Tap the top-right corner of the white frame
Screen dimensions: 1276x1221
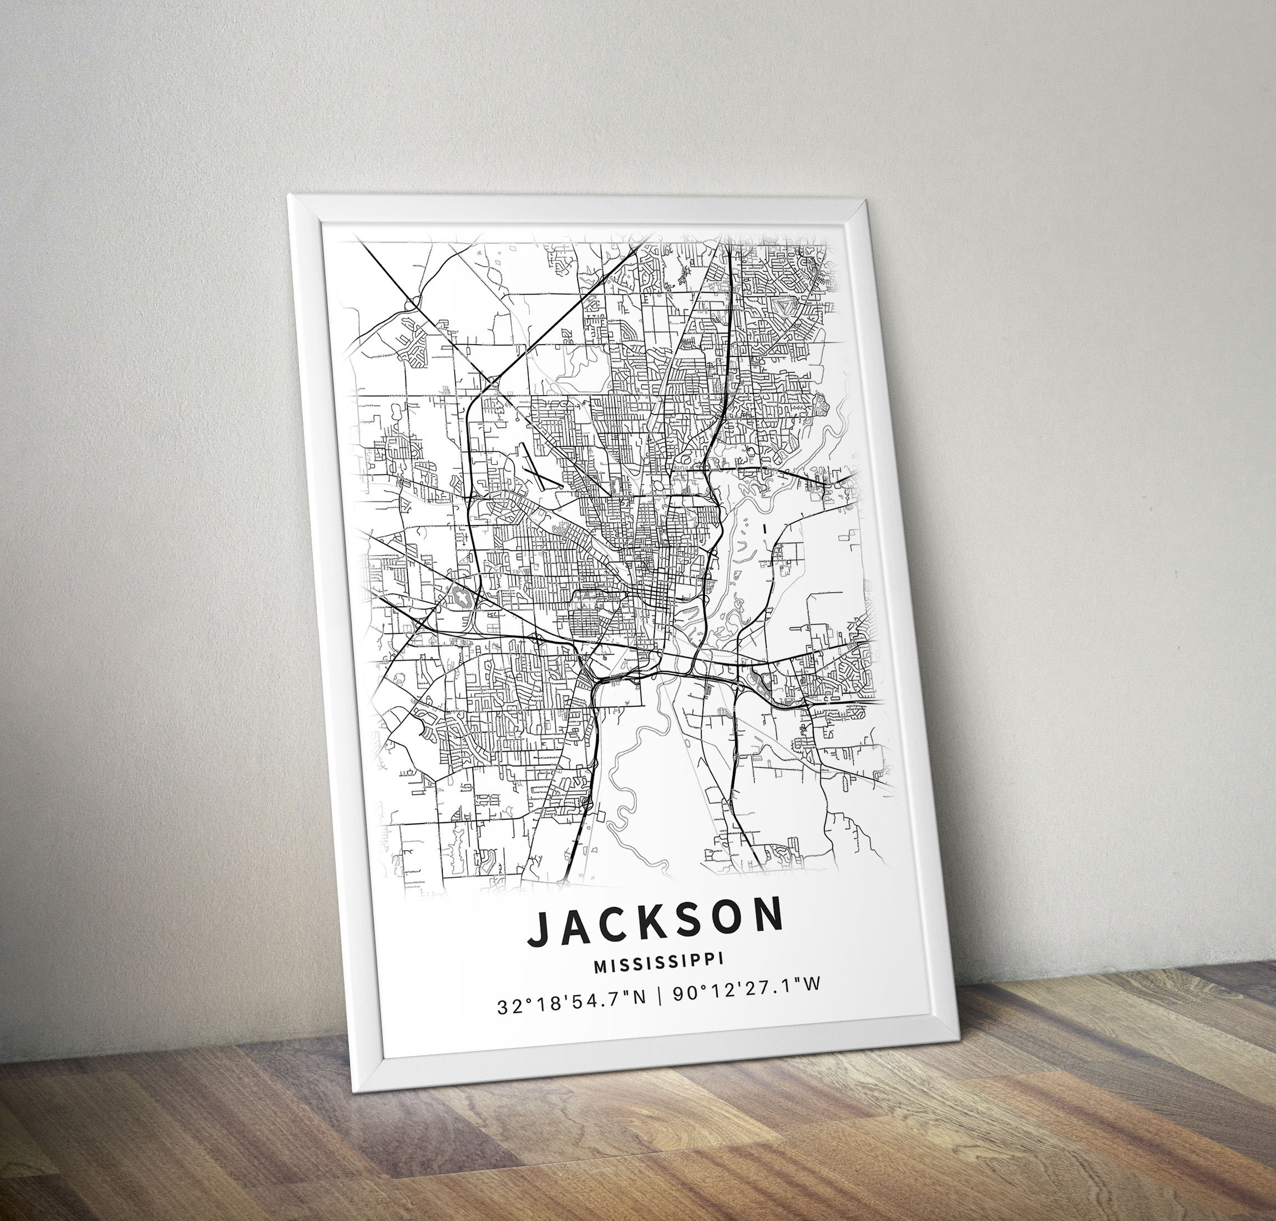(866, 203)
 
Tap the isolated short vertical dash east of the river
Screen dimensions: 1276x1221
(764, 528)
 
